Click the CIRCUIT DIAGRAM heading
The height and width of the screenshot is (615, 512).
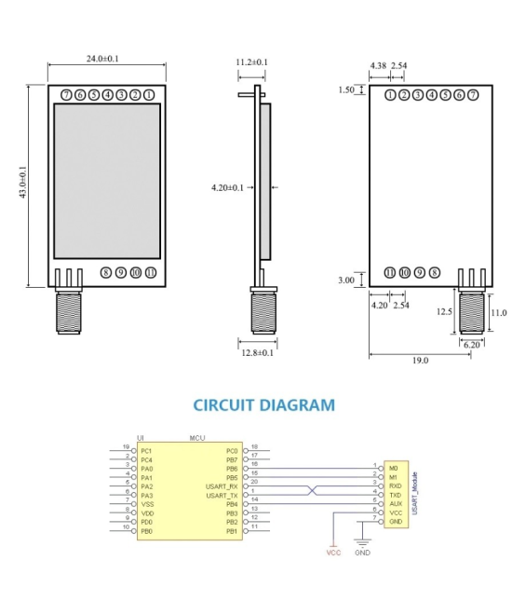click(263, 405)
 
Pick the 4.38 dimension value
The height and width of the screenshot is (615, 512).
click(378, 66)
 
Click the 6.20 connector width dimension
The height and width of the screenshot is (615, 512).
click(471, 345)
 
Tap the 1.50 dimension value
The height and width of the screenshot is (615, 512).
click(346, 90)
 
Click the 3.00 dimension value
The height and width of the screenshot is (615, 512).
click(346, 280)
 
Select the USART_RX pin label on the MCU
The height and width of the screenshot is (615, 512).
click(221, 486)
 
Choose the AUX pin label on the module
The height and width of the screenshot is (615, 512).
click(396, 503)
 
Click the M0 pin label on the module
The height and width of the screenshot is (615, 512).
click(394, 468)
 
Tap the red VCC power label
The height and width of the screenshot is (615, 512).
click(333, 553)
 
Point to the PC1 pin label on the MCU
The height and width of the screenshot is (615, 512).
click(146, 450)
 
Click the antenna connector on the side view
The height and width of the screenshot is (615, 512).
click(263, 309)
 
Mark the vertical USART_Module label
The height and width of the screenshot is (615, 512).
click(414, 494)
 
